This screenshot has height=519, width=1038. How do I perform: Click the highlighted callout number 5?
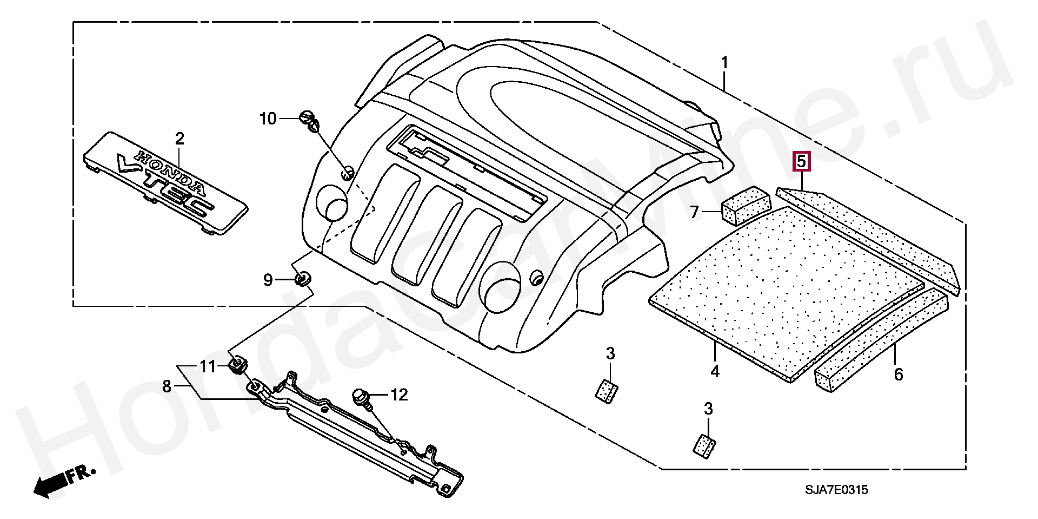point(801,161)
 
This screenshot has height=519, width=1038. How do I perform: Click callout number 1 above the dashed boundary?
point(724,63)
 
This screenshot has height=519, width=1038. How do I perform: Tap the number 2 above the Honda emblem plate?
point(179,139)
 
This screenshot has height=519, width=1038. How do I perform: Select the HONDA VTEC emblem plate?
point(165,182)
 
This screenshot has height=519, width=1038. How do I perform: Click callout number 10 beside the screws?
point(268,119)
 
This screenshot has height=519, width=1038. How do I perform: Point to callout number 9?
point(268,280)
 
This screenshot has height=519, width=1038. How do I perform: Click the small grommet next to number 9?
point(303,279)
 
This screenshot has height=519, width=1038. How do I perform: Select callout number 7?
point(695,212)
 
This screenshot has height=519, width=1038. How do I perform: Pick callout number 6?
point(898,373)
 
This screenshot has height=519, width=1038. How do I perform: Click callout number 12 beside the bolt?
point(398,395)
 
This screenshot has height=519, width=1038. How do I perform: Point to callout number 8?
point(167,386)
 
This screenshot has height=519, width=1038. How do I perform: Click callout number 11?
point(208,367)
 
